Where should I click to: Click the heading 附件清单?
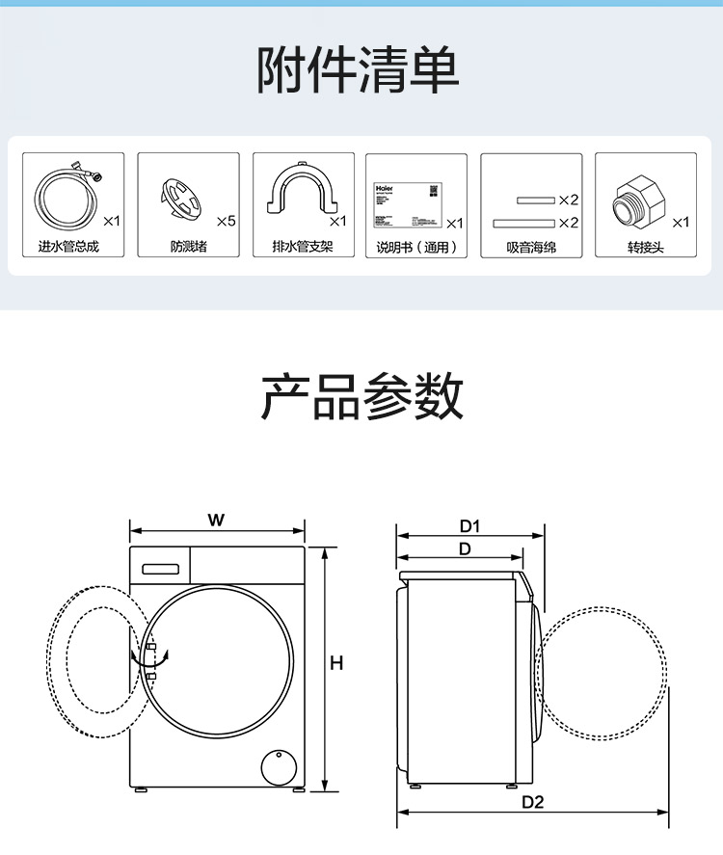pos(359,68)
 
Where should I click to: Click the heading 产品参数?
pos(361,396)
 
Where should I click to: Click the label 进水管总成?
pos(68,248)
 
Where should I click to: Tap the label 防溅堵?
pos(188,248)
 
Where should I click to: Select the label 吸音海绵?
pos(531,248)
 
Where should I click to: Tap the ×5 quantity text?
pos(227,222)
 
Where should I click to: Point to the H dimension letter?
pos(336,663)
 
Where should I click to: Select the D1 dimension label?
pos(469,526)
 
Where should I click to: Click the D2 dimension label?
pos(533,802)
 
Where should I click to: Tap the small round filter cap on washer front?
pos(281,765)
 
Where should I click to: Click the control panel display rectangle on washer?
pos(161,568)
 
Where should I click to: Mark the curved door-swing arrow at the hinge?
pos(153,660)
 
